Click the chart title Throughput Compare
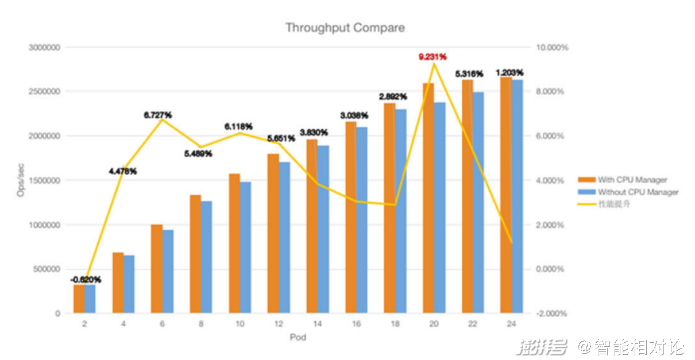[x=345, y=28]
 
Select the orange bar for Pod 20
[x=428, y=198]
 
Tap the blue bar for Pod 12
[x=284, y=238]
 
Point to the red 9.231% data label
[x=433, y=57]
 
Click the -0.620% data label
[x=86, y=280]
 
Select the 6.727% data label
[x=157, y=115]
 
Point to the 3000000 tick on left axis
[x=44, y=48]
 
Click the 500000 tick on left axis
[x=47, y=269]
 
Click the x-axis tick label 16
[x=356, y=324]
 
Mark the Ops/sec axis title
[x=21, y=180]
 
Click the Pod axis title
[x=298, y=338]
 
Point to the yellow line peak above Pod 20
[x=434, y=64]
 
